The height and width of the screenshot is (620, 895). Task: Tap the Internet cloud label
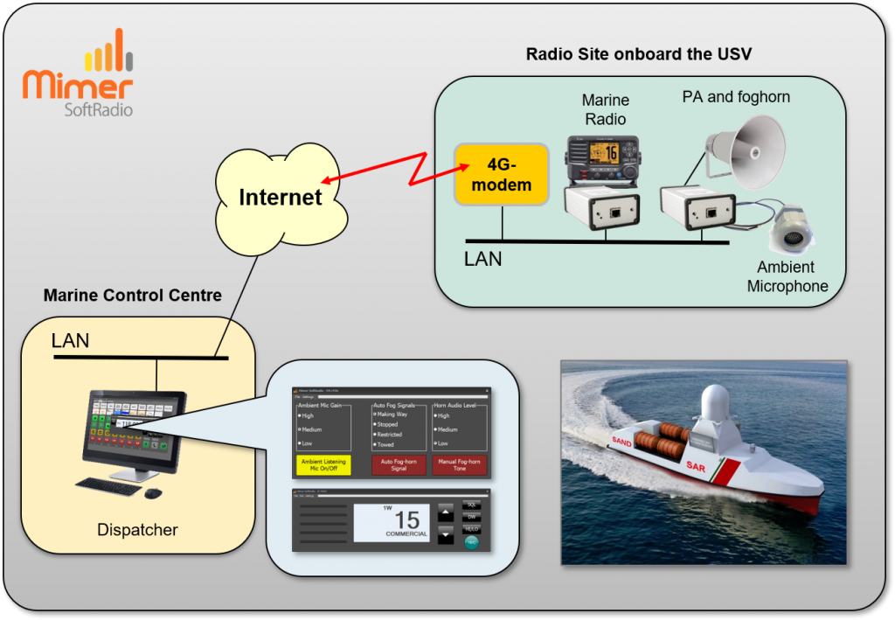(281, 197)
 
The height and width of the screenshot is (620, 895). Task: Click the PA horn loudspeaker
(744, 152)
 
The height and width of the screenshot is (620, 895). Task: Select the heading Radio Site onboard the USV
(639, 54)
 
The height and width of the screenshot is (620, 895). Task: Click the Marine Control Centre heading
(133, 296)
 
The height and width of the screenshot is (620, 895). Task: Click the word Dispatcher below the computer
(137, 529)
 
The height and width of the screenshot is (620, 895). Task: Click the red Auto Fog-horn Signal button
(399, 464)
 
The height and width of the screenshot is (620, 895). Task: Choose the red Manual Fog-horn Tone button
(459, 464)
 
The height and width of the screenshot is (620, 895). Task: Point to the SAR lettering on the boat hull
(696, 466)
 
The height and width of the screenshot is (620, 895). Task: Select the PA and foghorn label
(736, 97)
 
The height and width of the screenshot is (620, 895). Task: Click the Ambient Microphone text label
(787, 276)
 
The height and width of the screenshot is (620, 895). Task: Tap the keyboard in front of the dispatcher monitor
(108, 487)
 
